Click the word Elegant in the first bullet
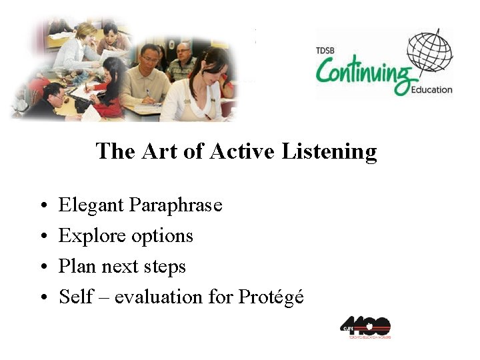pos(91,205)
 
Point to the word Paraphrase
pos(176,205)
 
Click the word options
pos(162,236)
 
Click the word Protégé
pos(271,297)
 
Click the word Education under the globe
pos(431,89)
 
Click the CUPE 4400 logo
pos(365,327)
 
